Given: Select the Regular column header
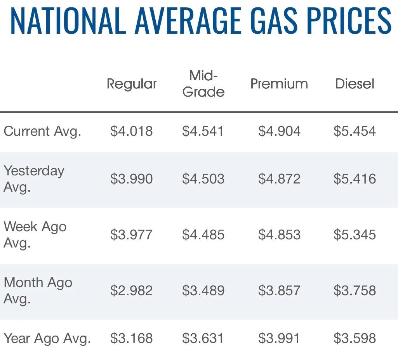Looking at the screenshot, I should click(132, 84).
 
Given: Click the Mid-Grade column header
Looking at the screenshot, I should click(203, 84).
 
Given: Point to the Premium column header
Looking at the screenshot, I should click(279, 84).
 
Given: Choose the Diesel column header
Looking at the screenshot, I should click(355, 84).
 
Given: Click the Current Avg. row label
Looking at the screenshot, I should click(42, 131).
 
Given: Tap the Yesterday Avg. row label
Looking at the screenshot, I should click(34, 178).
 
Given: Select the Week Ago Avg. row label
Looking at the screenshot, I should click(35, 234).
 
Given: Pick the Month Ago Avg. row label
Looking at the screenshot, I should click(38, 290).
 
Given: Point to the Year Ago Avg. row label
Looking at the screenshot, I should click(47, 338).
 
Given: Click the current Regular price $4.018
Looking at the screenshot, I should click(131, 131).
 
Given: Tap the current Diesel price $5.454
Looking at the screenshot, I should click(355, 131).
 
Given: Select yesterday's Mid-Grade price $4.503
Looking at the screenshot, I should click(203, 179).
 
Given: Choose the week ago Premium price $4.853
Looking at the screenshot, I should click(279, 235).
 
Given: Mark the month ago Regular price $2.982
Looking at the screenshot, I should click(131, 291).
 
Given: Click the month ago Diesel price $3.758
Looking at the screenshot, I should click(355, 291).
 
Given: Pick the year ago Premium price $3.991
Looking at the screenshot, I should click(279, 338).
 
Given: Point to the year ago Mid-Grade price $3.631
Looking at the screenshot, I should click(203, 338).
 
